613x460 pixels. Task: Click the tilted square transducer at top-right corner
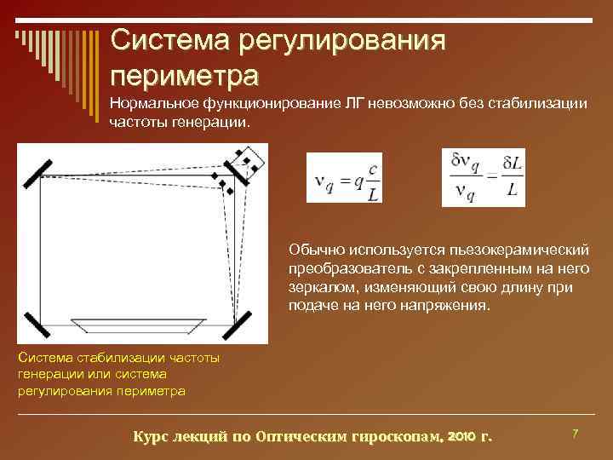point(247,160)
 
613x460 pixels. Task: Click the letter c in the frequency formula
point(373,169)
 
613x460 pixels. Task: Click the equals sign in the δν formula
point(490,175)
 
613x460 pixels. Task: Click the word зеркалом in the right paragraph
point(318,288)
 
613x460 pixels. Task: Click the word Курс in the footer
point(152,436)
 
